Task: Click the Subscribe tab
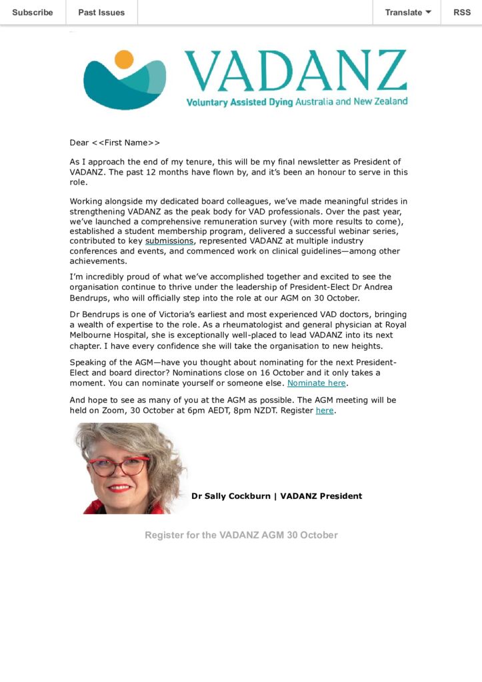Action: (33, 12)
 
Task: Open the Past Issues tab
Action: (101, 12)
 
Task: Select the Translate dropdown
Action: (407, 12)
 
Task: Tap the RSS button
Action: (461, 12)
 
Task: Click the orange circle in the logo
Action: (124, 59)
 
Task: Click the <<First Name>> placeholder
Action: (126, 143)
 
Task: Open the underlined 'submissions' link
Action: (169, 240)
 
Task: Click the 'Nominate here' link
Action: (317, 383)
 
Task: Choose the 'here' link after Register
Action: (324, 410)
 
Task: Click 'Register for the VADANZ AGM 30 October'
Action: (241, 535)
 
